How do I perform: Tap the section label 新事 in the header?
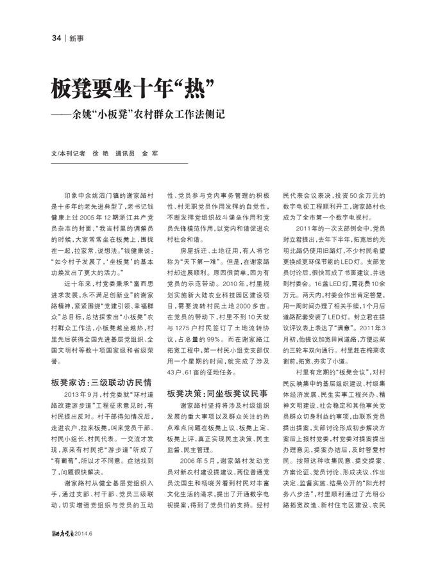pos(76,38)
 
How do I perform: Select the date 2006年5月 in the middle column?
pos(196,460)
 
